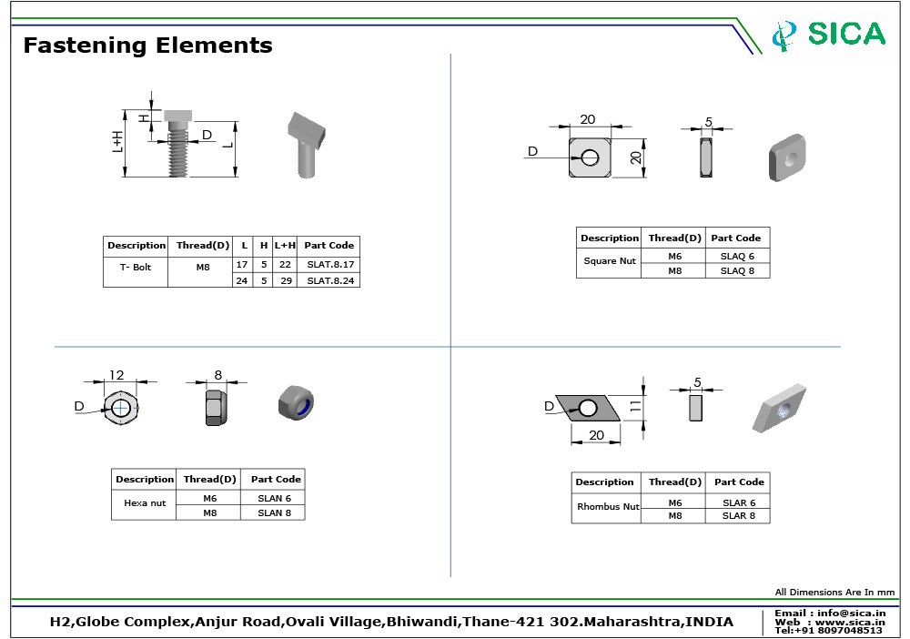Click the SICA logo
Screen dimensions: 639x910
tap(828, 35)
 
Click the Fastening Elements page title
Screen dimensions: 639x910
tap(147, 46)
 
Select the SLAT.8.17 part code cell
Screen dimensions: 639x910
tap(329, 264)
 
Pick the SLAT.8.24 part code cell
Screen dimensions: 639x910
tap(329, 280)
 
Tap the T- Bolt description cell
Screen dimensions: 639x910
tap(135, 268)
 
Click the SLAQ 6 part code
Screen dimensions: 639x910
tap(737, 257)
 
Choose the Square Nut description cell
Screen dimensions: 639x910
tap(609, 261)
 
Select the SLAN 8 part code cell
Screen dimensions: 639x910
tap(274, 512)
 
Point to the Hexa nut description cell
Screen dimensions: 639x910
tap(145, 502)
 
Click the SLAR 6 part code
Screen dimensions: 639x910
tap(739, 502)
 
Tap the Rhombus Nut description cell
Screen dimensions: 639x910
tap(607, 506)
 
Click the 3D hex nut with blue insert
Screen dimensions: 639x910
tap(296, 401)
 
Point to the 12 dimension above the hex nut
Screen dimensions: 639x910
tap(116, 375)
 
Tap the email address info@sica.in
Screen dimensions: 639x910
tap(829, 613)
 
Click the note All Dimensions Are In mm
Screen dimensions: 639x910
tap(834, 593)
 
